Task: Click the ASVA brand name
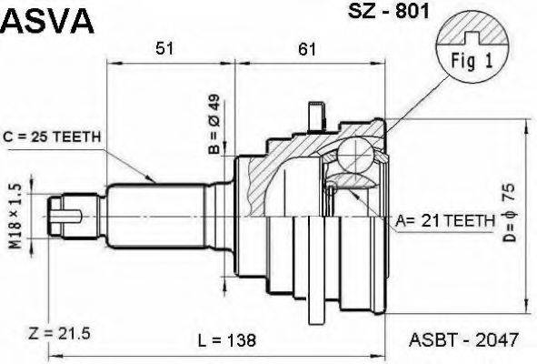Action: point(47,21)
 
